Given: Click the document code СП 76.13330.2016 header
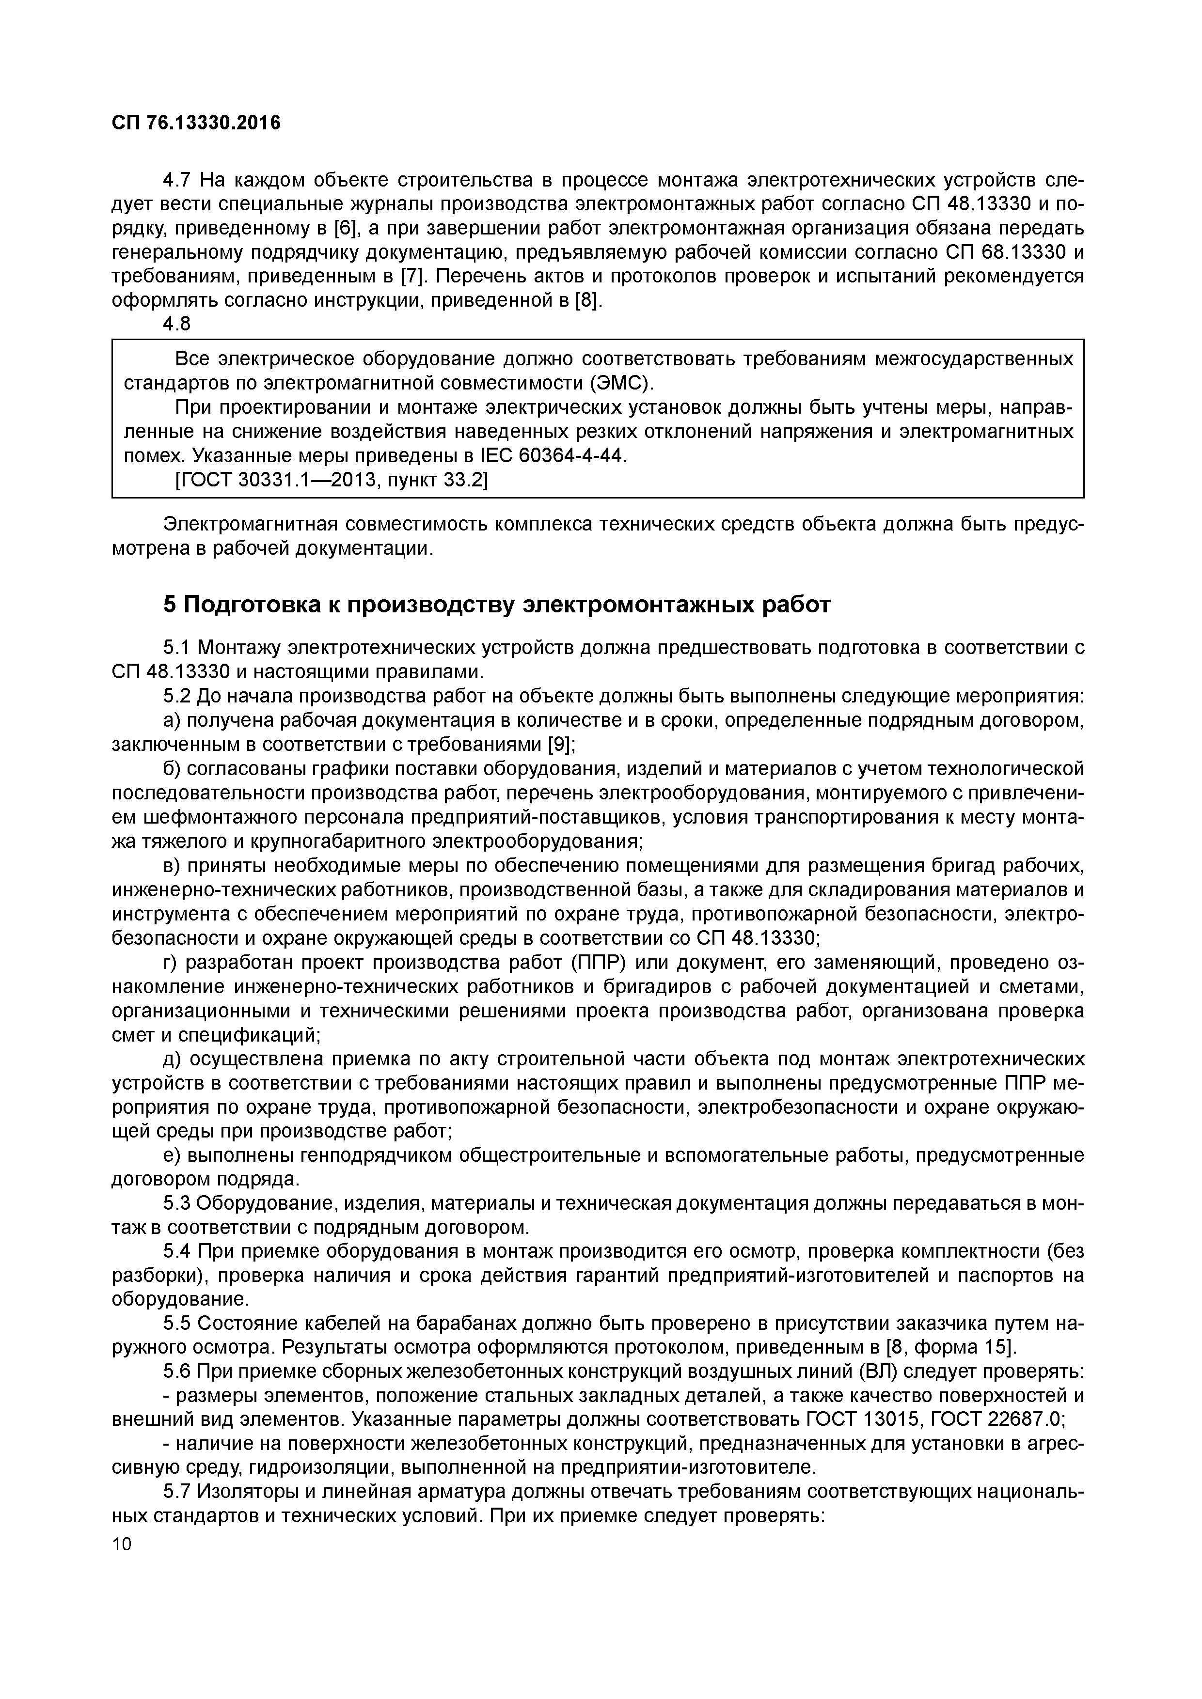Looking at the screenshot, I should point(196,123).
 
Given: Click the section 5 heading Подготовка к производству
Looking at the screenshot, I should point(497,605).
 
